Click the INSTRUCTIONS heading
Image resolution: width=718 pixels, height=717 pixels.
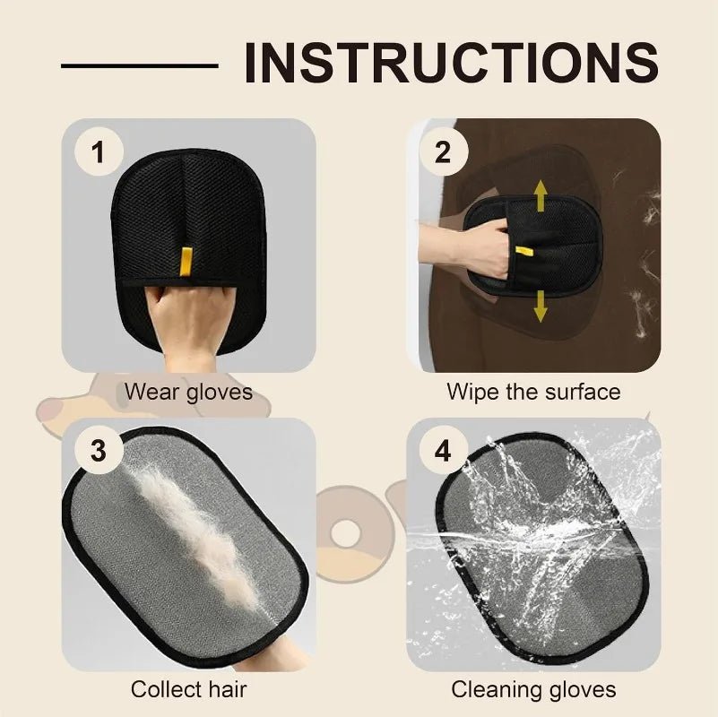pyautogui.click(x=451, y=62)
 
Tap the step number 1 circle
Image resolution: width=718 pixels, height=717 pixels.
pyautogui.click(x=98, y=152)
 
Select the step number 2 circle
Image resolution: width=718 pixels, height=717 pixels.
pyautogui.click(x=443, y=152)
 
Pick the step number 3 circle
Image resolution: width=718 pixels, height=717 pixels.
pyautogui.click(x=98, y=451)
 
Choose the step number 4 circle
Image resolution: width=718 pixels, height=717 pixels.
pyautogui.click(x=443, y=451)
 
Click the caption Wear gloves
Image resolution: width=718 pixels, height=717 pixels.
pyautogui.click(x=188, y=392)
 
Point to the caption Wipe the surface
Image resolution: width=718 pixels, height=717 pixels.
pyautogui.click(x=533, y=392)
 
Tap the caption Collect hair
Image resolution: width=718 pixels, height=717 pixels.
pyautogui.click(x=188, y=689)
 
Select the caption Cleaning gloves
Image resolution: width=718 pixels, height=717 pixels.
pyautogui.click(x=533, y=689)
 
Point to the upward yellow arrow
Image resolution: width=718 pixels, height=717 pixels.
pyautogui.click(x=541, y=195)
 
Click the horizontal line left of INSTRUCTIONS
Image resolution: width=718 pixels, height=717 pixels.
pyautogui.click(x=139, y=65)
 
